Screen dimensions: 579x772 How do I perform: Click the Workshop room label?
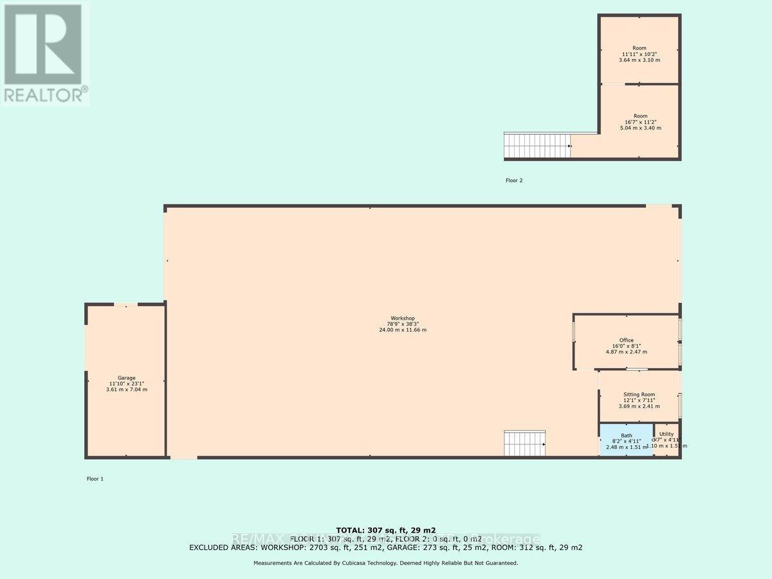[402, 318]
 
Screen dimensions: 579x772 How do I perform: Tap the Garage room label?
[127, 378]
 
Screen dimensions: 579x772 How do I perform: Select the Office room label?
[627, 340]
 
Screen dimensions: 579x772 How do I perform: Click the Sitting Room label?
[639, 394]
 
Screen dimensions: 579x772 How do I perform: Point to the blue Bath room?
[626, 441]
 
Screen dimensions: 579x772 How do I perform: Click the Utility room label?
[666, 434]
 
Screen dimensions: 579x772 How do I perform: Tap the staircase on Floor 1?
[524, 444]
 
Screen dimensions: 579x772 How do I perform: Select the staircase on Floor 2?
[537, 145]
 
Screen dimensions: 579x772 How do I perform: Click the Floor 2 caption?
[513, 181]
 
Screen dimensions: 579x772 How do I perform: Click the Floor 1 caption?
[95, 479]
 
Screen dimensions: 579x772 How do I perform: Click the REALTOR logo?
[44, 53]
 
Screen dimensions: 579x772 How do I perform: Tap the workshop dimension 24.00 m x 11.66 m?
[402, 330]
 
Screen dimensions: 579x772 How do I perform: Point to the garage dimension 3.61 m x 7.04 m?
[127, 390]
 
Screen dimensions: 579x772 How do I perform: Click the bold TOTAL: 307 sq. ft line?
[385, 529]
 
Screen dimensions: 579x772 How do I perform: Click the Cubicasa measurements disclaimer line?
[385, 563]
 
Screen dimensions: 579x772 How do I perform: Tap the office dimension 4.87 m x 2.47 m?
[627, 352]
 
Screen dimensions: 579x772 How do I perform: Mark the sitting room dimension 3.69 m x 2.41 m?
[639, 406]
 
